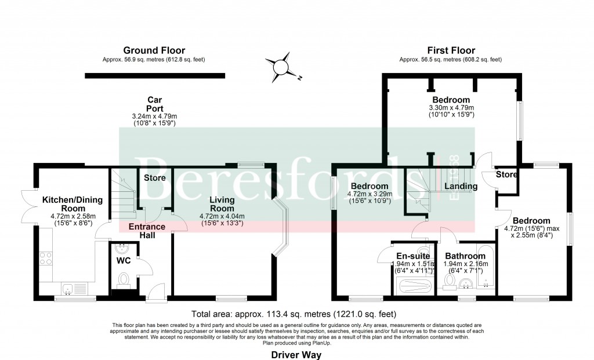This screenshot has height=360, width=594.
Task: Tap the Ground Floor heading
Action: pos(154,50)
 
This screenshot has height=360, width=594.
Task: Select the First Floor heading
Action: pos(451,50)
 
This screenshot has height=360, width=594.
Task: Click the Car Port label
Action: pos(154,104)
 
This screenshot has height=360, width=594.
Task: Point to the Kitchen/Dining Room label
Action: pos(73,204)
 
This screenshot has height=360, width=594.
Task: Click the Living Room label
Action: pos(222,204)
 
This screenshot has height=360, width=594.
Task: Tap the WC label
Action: pos(124,261)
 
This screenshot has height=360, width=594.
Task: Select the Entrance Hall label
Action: pos(146,231)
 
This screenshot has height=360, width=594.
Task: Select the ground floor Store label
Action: pos(155,178)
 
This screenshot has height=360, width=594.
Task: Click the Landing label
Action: pos(461,187)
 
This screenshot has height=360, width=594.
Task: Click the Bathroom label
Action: pos(465,256)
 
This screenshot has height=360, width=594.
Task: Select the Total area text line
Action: pos(296,314)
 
